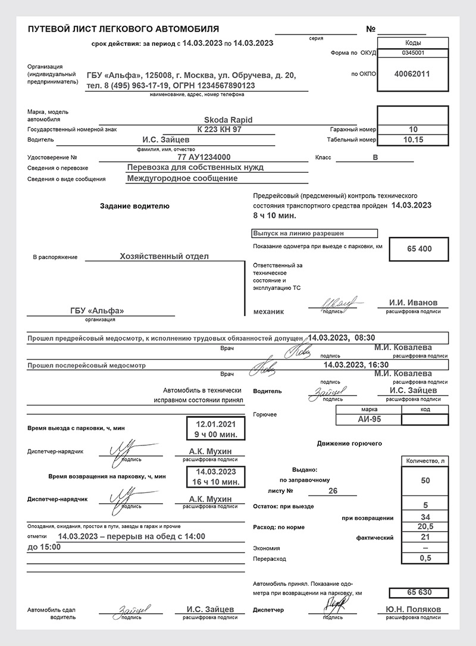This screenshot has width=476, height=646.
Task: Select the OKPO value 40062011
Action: tap(412, 74)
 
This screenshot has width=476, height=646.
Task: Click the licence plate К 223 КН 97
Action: tap(220, 129)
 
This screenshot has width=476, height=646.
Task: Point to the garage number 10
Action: tap(414, 129)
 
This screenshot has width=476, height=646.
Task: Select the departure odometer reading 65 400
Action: tap(419, 248)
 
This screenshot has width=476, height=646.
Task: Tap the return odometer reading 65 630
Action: tap(419, 592)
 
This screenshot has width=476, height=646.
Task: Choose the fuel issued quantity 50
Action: tap(425, 480)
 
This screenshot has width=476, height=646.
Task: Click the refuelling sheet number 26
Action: tap(333, 491)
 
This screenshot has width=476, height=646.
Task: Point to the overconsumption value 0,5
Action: tap(425, 558)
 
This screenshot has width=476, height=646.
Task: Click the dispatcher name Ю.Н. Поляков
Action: tap(413, 610)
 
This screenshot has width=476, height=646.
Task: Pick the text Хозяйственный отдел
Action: tap(164, 256)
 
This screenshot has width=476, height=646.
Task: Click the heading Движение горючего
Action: tap(349, 444)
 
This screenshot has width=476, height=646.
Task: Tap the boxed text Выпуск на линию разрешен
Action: tap(299, 233)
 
